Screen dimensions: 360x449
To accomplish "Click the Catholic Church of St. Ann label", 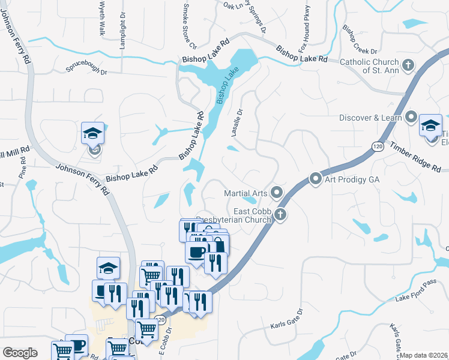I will [x=369, y=66].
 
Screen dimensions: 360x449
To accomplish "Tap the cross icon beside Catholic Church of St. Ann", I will [x=408, y=65].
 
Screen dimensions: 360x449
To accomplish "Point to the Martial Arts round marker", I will [x=276, y=193].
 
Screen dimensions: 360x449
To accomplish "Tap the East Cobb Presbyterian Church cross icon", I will [x=280, y=214].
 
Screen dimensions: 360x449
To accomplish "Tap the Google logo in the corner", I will [x=20, y=353].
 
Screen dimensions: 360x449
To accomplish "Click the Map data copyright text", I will [x=424, y=355].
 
